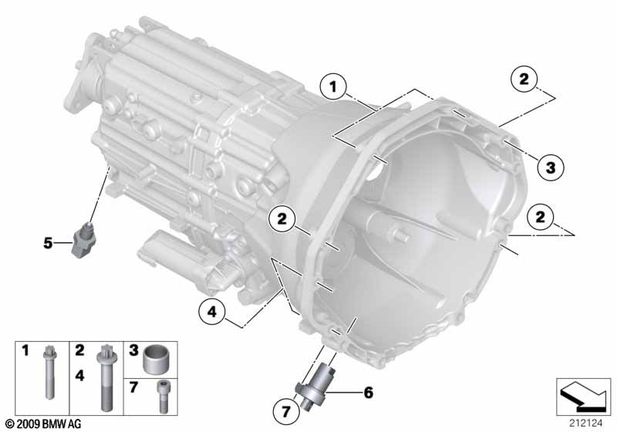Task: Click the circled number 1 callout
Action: pos(333,86)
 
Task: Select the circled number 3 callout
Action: pos(551,167)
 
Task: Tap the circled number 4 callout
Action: pos(212,312)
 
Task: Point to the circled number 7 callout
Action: pos(286,411)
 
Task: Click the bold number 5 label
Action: pos(48,243)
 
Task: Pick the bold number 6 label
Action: pos(369,392)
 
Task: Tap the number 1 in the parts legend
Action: pos(25,350)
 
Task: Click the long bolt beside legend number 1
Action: pos(49,372)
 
